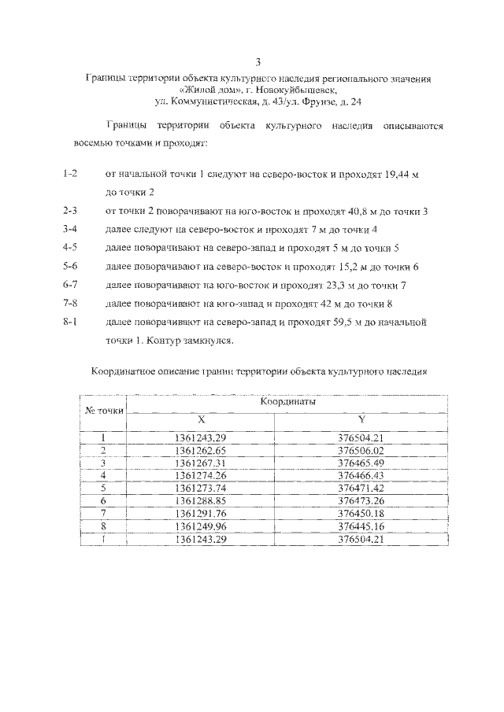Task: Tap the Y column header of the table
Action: pyautogui.click(x=361, y=420)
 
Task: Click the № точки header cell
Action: pyautogui.click(x=103, y=411)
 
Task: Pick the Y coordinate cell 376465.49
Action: pyautogui.click(x=361, y=463)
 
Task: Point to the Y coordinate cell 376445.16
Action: pyautogui.click(x=361, y=526)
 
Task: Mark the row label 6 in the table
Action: pyautogui.click(x=103, y=501)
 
